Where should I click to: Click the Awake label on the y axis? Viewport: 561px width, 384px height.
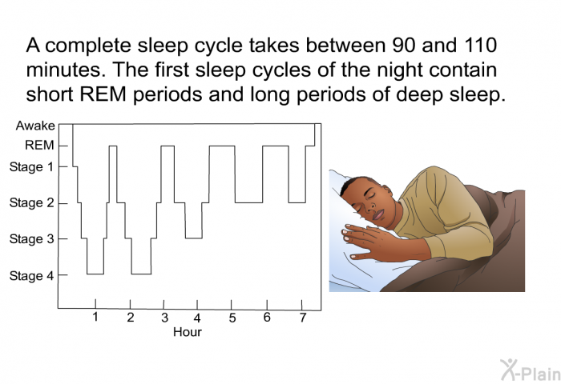point(35,126)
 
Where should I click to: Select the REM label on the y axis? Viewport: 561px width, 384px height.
point(39,146)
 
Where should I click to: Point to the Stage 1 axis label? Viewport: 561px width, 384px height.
point(31,167)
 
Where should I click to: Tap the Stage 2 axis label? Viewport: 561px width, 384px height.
point(31,202)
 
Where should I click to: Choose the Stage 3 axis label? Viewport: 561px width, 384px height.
point(31,238)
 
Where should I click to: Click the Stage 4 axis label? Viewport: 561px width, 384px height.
point(31,275)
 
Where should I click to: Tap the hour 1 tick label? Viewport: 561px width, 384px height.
point(95,317)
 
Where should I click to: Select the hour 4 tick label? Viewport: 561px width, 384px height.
point(197,318)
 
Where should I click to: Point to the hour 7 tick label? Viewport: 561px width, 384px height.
point(303,318)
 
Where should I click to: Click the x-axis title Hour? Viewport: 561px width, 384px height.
point(188,332)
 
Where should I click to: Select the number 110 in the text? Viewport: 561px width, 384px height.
point(481,46)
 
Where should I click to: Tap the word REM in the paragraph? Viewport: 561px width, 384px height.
point(103,94)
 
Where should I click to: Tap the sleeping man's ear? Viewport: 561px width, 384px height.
point(387,190)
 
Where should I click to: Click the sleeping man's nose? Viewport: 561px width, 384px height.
point(371,205)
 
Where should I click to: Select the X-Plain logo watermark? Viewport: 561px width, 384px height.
point(530,370)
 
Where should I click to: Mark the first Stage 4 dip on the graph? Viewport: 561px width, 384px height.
point(95,274)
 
